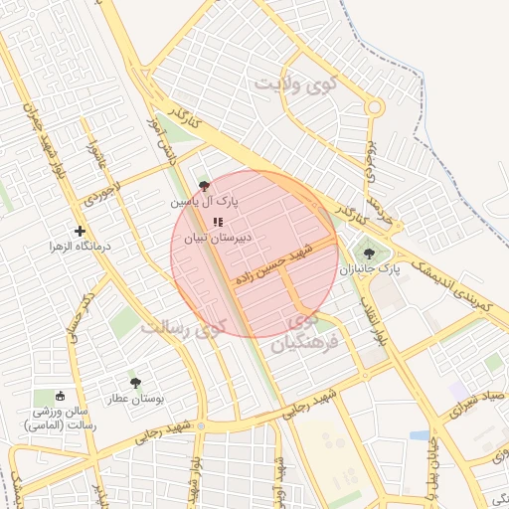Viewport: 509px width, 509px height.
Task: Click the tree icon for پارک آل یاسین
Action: [205, 186]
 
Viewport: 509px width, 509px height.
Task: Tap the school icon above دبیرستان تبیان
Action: [219, 222]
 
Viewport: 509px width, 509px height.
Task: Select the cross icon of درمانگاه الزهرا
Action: [80, 231]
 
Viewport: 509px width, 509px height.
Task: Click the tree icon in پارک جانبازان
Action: [370, 254]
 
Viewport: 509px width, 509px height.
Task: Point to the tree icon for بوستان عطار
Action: [135, 382]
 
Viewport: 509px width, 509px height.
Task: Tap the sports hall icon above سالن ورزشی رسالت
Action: [60, 396]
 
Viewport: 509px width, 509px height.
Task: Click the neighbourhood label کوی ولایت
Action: [296, 85]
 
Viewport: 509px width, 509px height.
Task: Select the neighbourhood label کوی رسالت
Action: [184, 326]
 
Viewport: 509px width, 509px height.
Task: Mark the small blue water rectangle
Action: [420, 435]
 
